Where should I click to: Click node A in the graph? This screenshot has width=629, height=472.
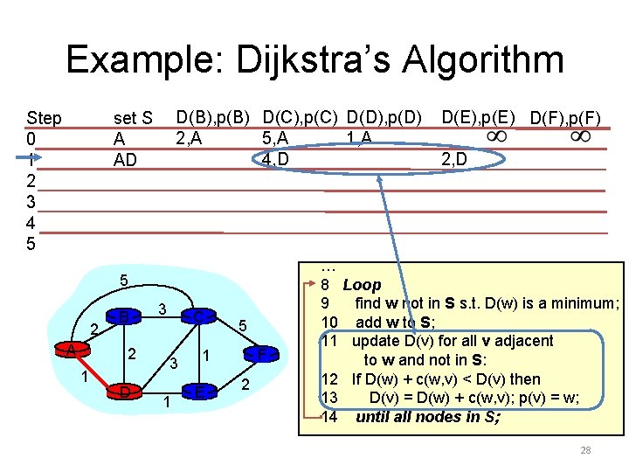pyautogui.click(x=69, y=350)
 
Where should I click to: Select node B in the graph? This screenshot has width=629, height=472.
pyautogui.click(x=125, y=316)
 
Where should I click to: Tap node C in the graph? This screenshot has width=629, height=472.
pyautogui.click(x=200, y=316)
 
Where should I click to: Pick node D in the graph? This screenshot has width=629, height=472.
pyautogui.click(x=126, y=392)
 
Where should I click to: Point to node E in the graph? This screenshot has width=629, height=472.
pyautogui.click(x=199, y=392)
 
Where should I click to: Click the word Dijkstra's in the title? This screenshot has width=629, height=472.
pyautogui.click(x=310, y=60)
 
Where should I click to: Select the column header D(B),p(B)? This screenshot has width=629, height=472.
pyautogui.click(x=213, y=116)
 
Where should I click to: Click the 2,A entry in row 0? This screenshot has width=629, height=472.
pyautogui.click(x=191, y=137)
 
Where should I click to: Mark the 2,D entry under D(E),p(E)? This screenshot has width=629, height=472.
pyautogui.click(x=453, y=159)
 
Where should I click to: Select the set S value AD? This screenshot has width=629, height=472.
pyautogui.click(x=126, y=160)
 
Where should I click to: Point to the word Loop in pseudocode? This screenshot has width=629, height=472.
pyautogui.click(x=362, y=285)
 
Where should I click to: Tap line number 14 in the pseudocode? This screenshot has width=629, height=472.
pyautogui.click(x=329, y=417)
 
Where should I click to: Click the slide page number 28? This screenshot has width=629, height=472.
pyautogui.click(x=585, y=451)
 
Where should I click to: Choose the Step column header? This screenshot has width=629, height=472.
pyautogui.click(x=44, y=118)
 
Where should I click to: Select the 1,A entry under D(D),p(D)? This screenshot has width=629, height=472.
pyautogui.click(x=359, y=137)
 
